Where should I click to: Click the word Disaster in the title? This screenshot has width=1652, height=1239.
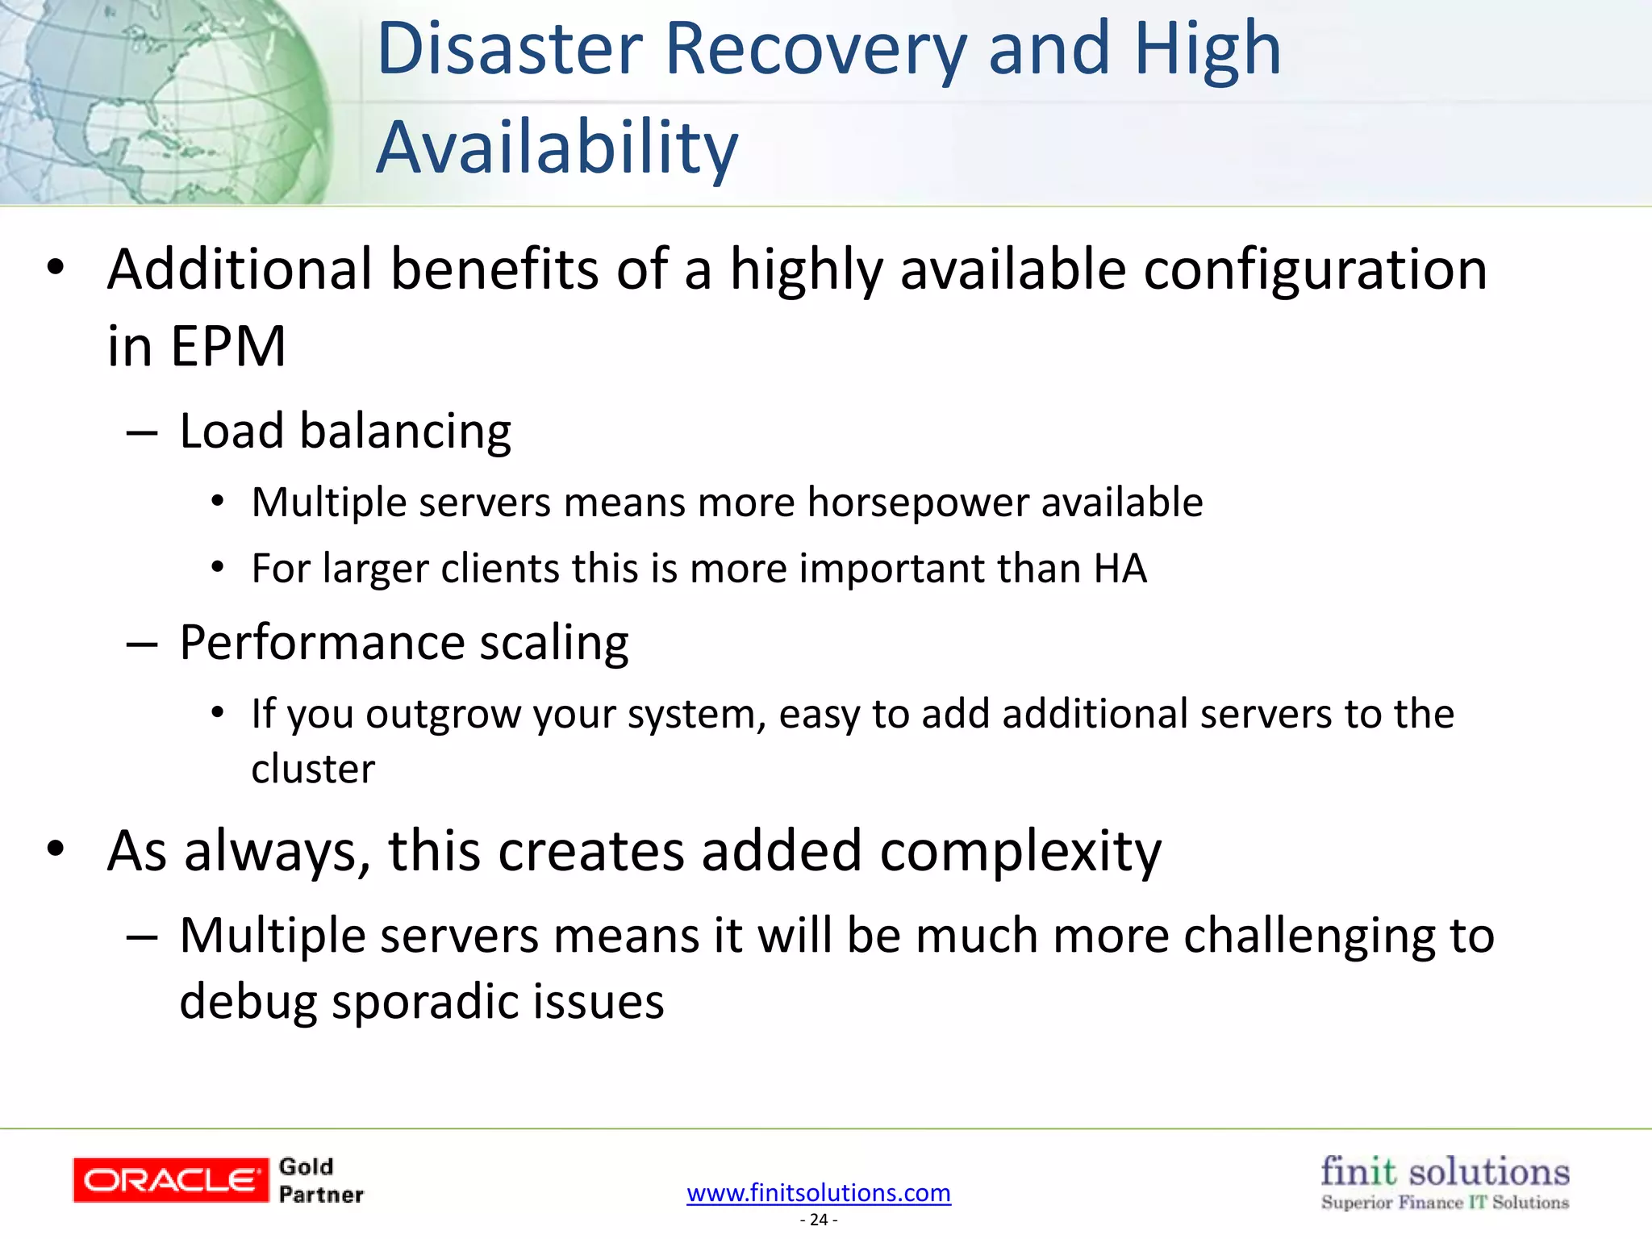(510, 50)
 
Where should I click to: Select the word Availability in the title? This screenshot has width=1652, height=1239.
(557, 148)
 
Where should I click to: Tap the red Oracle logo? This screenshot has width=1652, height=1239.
(170, 1180)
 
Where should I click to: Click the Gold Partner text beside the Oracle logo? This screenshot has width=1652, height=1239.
(320, 1181)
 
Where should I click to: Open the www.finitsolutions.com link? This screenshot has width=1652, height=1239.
(818, 1192)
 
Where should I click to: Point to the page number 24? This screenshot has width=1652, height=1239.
(818, 1220)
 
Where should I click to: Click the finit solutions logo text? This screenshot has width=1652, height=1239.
(1444, 1171)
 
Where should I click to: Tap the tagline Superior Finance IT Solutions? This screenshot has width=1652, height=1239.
(1444, 1203)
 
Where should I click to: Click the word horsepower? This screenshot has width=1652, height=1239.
(917, 503)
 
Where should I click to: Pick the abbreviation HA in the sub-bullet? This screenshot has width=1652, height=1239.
(1120, 569)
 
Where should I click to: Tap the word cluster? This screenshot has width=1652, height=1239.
(313, 769)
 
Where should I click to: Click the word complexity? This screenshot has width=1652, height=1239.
(1020, 852)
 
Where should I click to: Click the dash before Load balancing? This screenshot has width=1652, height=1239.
(142, 433)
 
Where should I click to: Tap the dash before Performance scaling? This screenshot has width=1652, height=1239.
(142, 645)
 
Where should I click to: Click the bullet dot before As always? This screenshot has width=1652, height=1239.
(55, 849)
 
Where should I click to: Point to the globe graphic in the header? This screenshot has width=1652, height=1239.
(161, 101)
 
